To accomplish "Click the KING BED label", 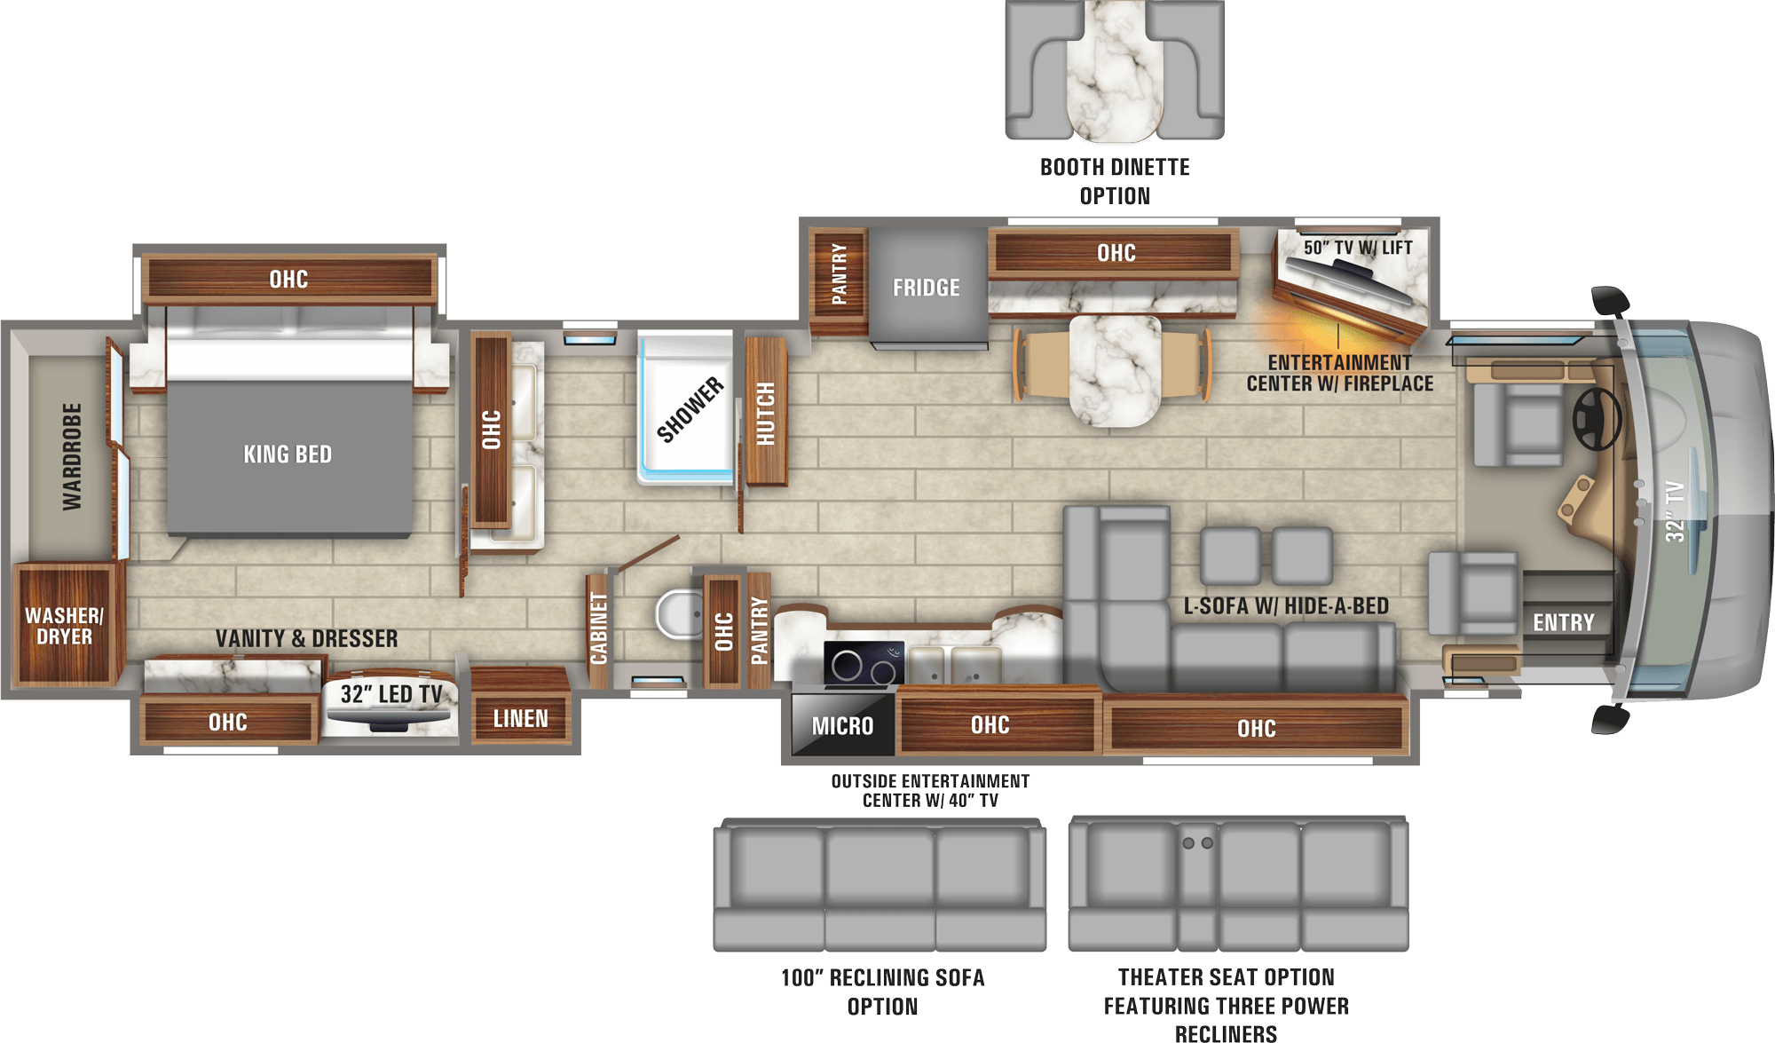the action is (288, 454).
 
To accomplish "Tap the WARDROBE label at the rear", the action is (72, 457).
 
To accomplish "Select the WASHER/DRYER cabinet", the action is (65, 624).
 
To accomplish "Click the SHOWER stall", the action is (686, 407).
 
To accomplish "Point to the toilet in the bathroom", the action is (679, 614).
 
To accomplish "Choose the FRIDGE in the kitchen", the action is (927, 287).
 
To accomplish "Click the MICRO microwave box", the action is (842, 725).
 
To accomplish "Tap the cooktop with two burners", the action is (864, 664).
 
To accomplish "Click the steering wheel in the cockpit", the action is (1597, 418).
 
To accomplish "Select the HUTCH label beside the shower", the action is (766, 414).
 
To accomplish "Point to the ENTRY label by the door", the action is (1564, 623).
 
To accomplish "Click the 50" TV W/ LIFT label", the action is (1358, 248).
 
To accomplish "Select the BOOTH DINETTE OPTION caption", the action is (1115, 181).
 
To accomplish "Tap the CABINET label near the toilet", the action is (599, 628).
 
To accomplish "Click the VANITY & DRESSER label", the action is (306, 638).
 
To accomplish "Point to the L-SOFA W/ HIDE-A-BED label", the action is (1286, 606).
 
